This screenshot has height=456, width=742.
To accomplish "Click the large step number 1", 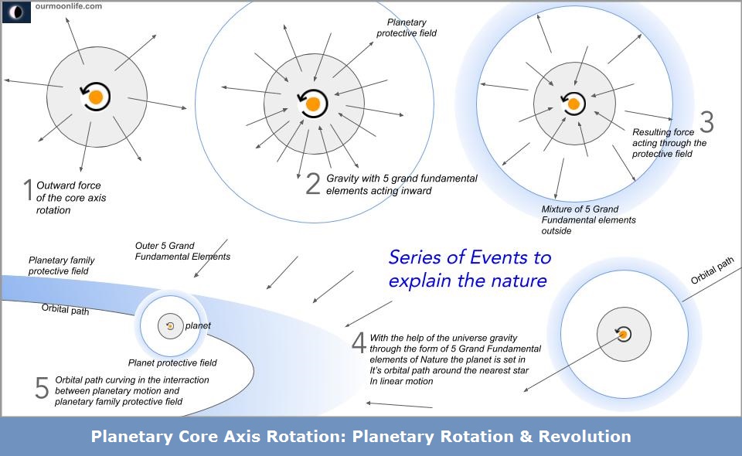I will tap(27, 191).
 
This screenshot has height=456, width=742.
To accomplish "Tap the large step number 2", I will tap(313, 183).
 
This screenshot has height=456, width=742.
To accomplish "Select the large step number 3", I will tap(706, 122).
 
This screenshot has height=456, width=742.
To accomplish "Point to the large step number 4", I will tap(358, 343).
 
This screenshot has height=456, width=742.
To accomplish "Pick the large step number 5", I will tap(42, 388).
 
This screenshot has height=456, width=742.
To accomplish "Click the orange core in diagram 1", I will tap(96, 97).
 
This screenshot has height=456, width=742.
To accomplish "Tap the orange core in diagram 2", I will tap(313, 104).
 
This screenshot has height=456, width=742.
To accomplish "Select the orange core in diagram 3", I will tap(574, 103).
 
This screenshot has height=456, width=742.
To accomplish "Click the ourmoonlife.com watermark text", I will tap(68, 5).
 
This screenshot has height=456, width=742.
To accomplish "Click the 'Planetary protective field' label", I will tap(407, 29).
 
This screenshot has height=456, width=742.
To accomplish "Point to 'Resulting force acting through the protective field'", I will tap(669, 143).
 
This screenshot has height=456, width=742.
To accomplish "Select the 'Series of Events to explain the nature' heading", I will tap(469, 268).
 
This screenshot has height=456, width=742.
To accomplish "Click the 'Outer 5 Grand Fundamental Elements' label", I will tap(182, 251).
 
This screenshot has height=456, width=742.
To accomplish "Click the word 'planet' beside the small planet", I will tap(198, 326).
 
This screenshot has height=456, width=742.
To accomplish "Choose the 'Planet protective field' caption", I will tap(172, 362).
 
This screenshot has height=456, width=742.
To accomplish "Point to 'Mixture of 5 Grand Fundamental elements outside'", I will tap(589, 219).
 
